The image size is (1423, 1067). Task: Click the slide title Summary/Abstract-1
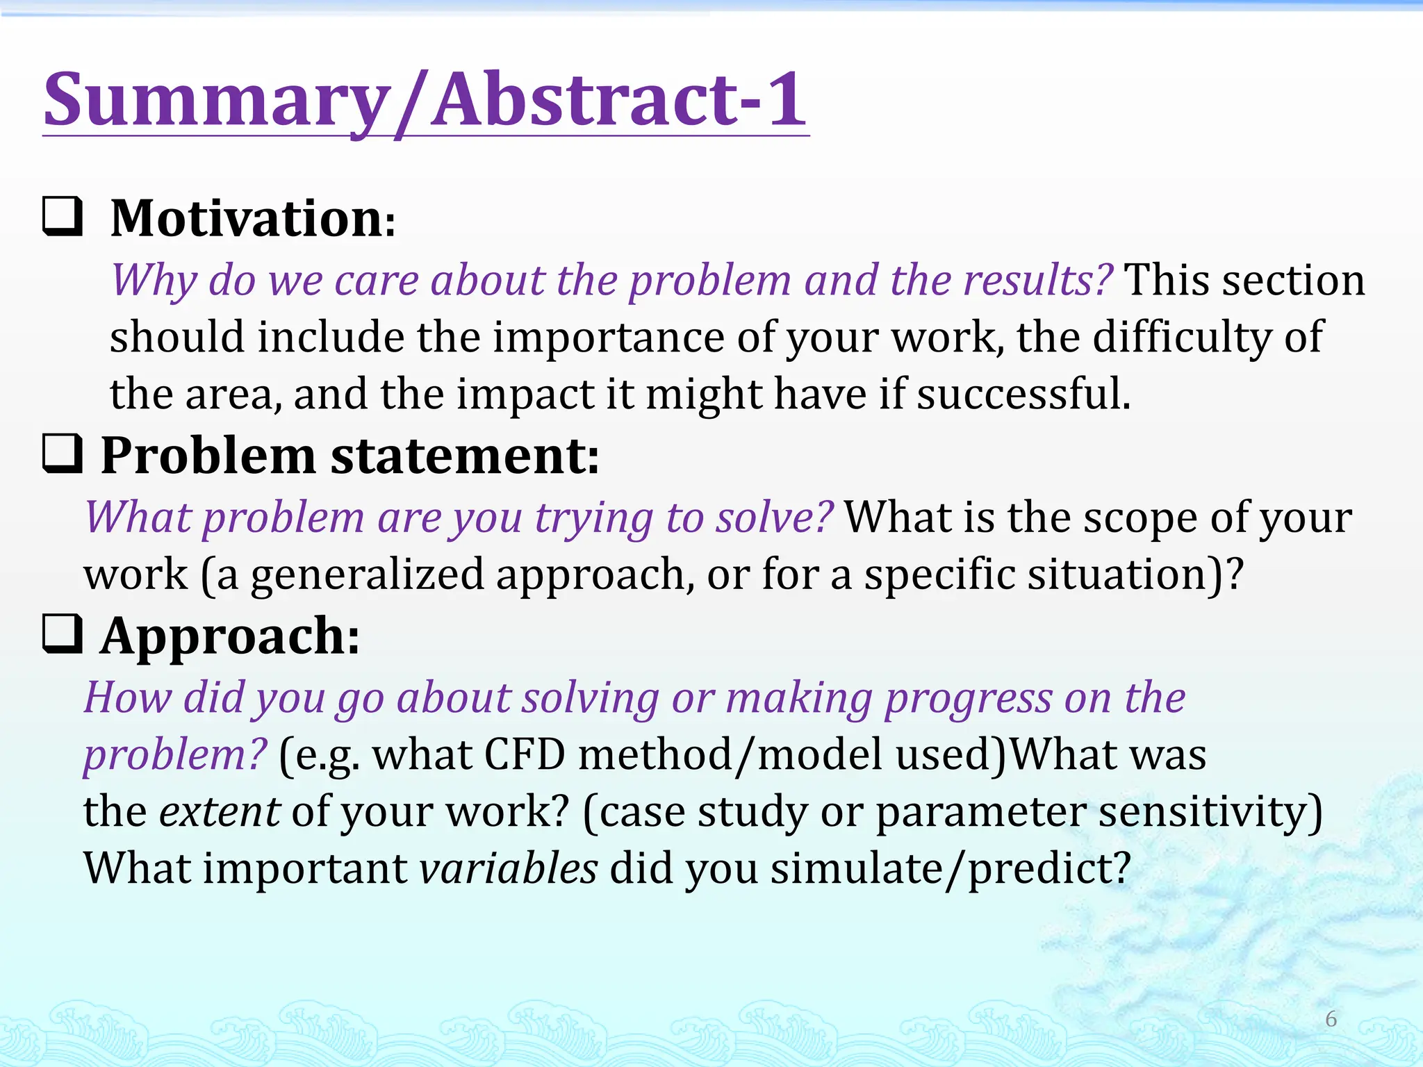[x=425, y=101]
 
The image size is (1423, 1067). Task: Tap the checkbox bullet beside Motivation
[x=63, y=217]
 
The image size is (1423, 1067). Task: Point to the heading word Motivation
[x=247, y=219]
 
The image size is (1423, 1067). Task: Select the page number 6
[x=1331, y=1019]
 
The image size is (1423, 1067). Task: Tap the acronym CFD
[x=525, y=755]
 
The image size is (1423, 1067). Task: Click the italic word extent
[x=219, y=812]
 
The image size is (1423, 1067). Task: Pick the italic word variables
[x=508, y=868]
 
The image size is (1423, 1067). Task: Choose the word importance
[x=609, y=338]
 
